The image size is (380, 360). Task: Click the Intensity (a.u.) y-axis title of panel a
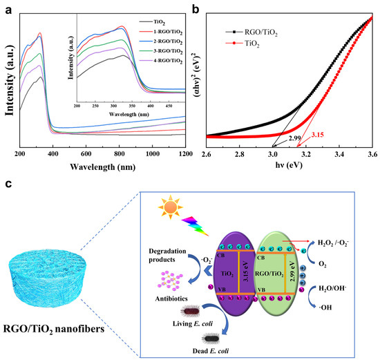point(9,79)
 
